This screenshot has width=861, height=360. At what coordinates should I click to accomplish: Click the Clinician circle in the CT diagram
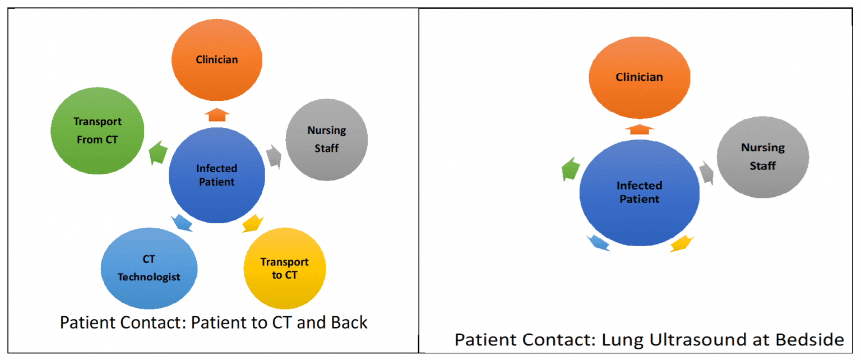pyautogui.click(x=217, y=59)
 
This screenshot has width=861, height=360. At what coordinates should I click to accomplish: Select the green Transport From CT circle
pyautogui.click(x=98, y=131)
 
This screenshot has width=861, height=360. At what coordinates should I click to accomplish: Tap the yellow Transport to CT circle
pyautogui.click(x=285, y=269)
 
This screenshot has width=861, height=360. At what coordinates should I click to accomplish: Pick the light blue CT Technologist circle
pyautogui.click(x=149, y=268)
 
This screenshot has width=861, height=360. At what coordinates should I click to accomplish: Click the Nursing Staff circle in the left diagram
pyautogui.click(x=326, y=139)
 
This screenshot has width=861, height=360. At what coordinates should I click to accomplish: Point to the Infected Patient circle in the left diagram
pyautogui.click(x=216, y=175)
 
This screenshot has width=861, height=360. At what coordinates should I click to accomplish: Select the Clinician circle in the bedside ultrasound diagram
pyautogui.click(x=639, y=77)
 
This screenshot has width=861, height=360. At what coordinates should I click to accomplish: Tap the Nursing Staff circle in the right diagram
pyautogui.click(x=762, y=156)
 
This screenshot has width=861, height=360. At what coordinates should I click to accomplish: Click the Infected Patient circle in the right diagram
pyautogui.click(x=639, y=192)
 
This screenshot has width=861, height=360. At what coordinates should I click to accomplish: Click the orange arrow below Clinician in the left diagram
pyautogui.click(x=216, y=115)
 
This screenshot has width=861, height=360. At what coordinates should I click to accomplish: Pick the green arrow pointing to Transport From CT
pyautogui.click(x=159, y=153)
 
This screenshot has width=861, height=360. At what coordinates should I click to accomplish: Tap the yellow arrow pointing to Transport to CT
pyautogui.click(x=252, y=223)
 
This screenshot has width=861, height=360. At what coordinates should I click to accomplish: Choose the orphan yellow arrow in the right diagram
pyautogui.click(x=681, y=243)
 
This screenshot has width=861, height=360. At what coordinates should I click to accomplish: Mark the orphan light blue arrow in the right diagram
pyautogui.click(x=598, y=242)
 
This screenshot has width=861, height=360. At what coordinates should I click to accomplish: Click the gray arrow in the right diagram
pyautogui.click(x=706, y=173)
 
